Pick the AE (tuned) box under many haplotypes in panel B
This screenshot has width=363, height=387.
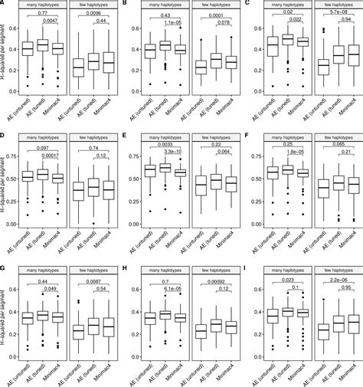click(x=167, y=46)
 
